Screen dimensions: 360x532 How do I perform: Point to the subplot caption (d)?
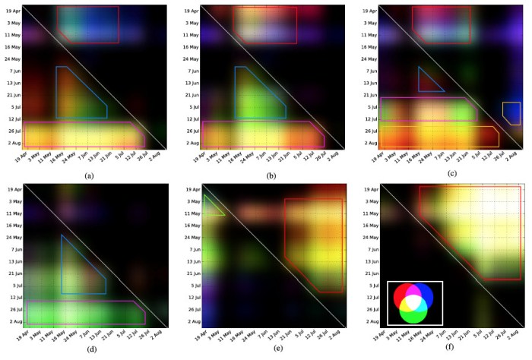(90, 354)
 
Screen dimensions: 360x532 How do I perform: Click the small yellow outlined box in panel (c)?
(511, 113)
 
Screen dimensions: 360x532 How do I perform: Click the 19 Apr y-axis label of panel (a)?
(13, 11)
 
